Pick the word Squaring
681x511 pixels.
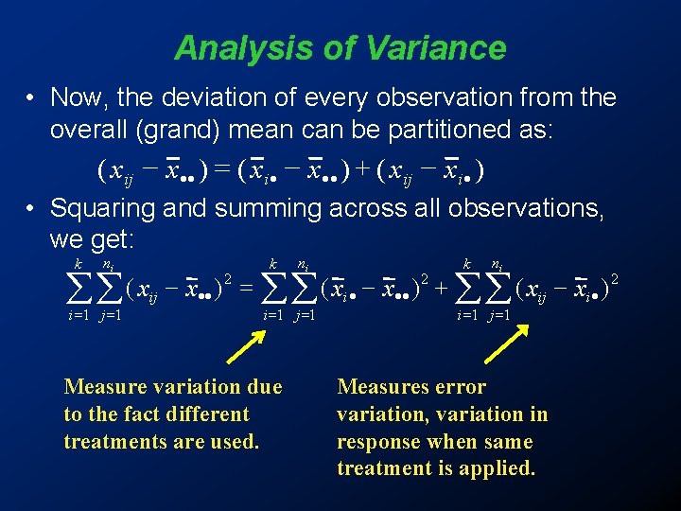coord(105,207)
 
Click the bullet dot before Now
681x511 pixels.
coord(31,98)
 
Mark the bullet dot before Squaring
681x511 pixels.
coord(31,208)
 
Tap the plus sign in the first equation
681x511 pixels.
coord(362,171)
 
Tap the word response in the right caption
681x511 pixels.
coord(375,442)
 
